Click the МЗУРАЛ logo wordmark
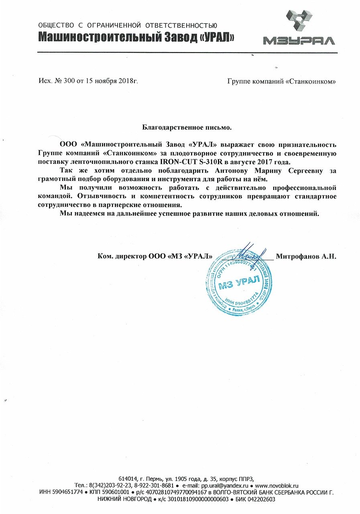tap(299, 40)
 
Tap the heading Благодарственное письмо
tap(187, 128)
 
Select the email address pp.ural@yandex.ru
tap(224, 485)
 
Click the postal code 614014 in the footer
tap(127, 478)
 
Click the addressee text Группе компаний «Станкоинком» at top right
tap(281, 82)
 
